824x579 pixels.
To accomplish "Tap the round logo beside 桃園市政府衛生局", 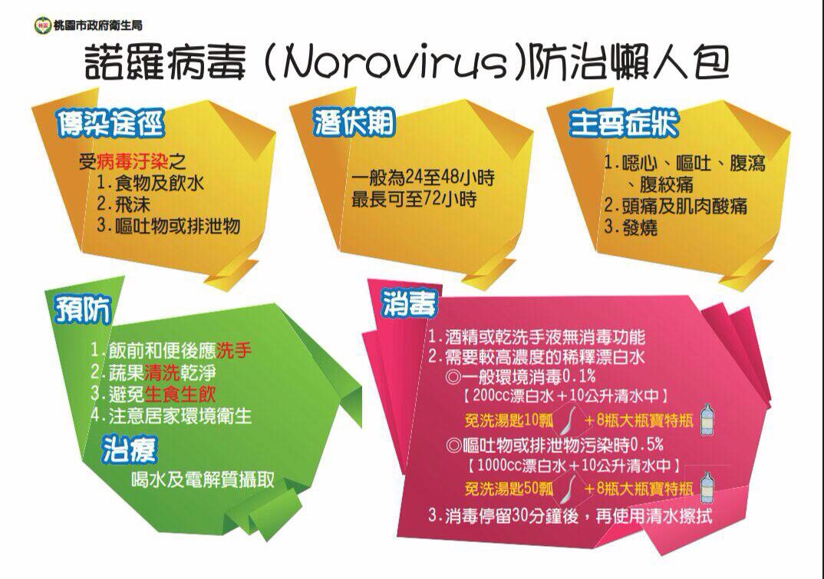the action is pos(42,25).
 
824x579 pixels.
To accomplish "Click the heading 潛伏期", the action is pos(354,122).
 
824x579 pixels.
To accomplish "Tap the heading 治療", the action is pos(130,450).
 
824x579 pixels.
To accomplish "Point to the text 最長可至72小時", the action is pos(414,200).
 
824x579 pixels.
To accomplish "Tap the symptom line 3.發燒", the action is pos(631,228).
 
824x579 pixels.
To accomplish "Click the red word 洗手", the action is pos(234,351).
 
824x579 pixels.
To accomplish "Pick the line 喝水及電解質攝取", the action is pos(203,479).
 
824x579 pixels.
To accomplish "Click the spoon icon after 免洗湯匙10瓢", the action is pos(565,419).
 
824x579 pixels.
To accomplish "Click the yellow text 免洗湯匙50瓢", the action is pos(509,489).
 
